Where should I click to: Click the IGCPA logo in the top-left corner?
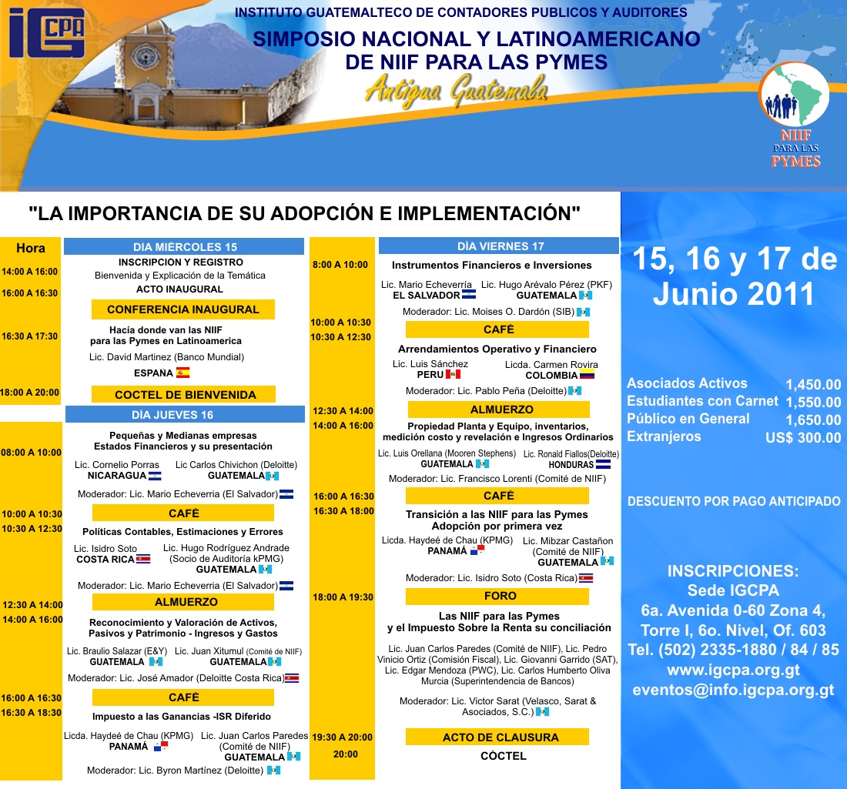tap(47, 35)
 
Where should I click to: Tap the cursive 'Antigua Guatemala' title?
tap(457, 89)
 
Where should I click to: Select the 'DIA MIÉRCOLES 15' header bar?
tap(184, 247)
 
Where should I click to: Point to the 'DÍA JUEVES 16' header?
tap(185, 415)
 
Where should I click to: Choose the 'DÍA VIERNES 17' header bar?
tap(500, 246)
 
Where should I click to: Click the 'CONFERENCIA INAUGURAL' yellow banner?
tap(183, 309)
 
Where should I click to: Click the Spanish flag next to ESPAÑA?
tap(182, 373)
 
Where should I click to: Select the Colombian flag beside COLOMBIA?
tap(588, 376)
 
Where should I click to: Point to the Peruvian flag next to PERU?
tap(453, 375)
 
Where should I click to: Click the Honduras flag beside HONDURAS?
tap(603, 465)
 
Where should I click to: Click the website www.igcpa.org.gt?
tap(733, 670)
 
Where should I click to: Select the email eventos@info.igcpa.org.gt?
tap(733, 690)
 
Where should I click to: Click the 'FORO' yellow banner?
tap(500, 596)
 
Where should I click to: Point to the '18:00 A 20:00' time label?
tap(31, 393)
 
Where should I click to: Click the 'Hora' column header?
tap(31, 248)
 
